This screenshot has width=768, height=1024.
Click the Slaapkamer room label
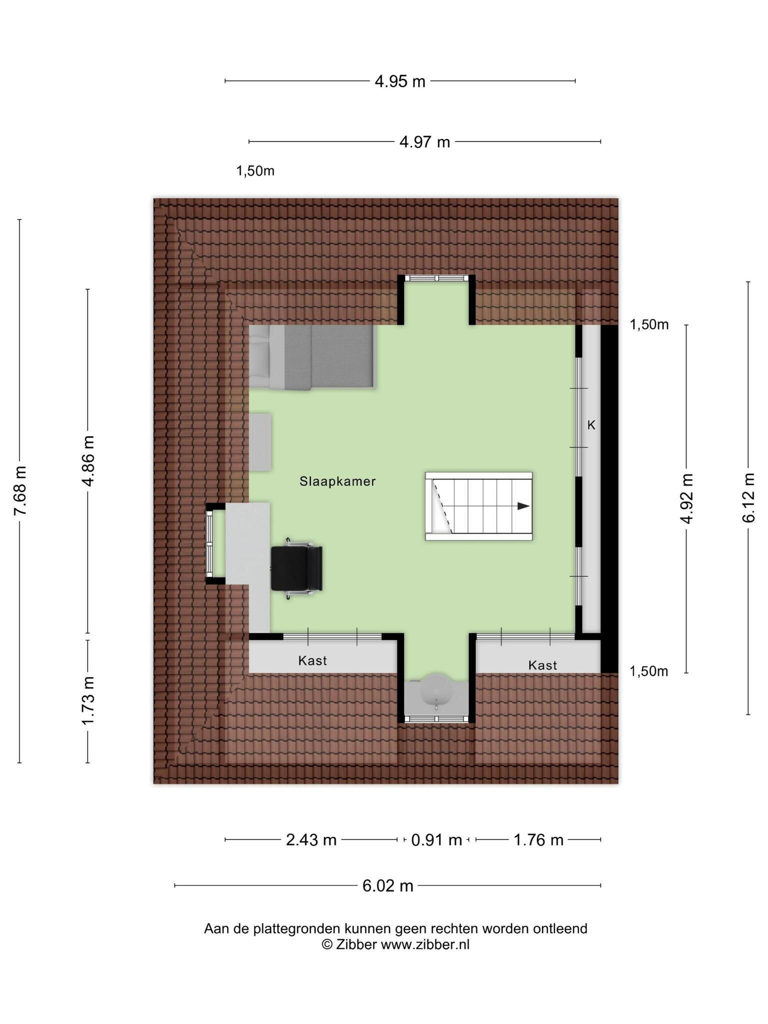pos(337,481)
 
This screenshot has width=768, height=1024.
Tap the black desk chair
pos(296,568)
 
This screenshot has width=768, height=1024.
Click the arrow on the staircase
pos(523,506)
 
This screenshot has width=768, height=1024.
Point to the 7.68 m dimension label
pos(20,490)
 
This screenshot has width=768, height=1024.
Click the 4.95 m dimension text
pos(400,81)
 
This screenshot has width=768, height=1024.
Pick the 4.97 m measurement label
pos(424,142)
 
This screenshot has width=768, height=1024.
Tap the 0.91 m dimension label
pos(436,840)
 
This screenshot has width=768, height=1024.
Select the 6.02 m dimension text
pos(388,886)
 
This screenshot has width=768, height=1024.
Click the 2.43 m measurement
pos(311,840)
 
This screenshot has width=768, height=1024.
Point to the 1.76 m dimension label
pos(538,840)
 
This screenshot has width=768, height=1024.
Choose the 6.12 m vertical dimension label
pos(748,497)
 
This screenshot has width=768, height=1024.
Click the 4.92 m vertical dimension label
pos(687,498)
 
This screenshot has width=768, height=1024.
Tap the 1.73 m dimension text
pos(88,700)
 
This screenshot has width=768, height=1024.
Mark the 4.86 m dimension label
pos(88,461)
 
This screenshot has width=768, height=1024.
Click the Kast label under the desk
pos(312,661)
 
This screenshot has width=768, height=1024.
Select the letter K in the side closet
pos(591,425)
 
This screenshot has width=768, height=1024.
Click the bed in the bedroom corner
pos(311,357)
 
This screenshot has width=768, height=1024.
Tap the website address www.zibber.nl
pos(425,944)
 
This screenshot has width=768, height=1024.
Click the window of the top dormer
pos(436,278)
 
